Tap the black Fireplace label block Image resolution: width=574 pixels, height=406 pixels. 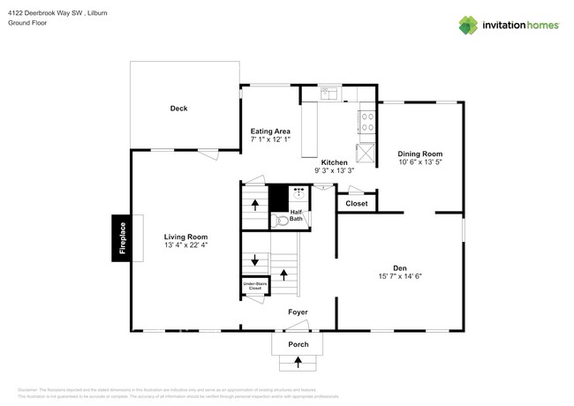tap(123, 238)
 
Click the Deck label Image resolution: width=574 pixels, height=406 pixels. tap(179, 109)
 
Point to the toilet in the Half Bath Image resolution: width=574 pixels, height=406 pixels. tap(281, 220)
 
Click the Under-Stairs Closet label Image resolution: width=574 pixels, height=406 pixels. tap(254, 286)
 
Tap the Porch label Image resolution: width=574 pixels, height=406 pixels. tap(298, 343)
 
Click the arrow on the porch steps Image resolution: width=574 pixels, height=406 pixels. tap(298, 361)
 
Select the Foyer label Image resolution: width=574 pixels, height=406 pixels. tap(298, 312)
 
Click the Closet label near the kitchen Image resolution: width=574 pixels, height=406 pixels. tap(357, 204)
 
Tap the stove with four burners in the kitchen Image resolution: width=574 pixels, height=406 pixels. tap(366, 121)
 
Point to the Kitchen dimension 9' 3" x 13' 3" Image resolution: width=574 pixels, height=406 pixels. tap(334, 171)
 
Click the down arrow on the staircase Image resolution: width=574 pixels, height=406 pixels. tap(255, 260)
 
